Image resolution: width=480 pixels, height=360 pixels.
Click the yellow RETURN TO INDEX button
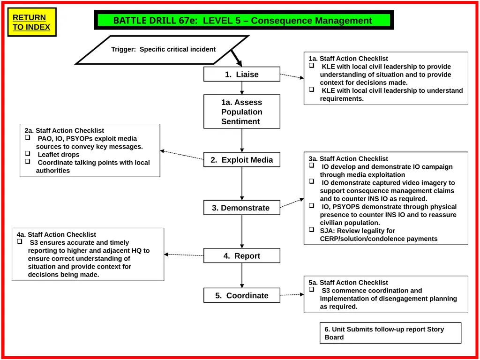32,22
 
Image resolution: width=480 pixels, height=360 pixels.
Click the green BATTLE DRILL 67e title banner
244,20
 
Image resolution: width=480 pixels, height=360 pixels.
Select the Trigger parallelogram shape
162,50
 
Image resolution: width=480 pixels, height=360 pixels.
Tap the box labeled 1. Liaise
242,74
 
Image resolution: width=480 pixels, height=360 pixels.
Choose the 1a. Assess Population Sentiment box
242,112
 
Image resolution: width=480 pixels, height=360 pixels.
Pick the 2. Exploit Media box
242,160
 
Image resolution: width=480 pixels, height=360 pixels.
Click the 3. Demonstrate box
242,208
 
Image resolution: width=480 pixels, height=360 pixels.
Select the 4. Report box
242,255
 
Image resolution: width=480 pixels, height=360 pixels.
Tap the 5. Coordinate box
242,295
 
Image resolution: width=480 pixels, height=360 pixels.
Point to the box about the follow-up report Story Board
390,333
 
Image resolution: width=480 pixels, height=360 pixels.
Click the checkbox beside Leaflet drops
28,153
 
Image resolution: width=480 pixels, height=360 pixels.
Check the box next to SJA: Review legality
312,229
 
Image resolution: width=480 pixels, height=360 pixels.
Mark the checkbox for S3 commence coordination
312,289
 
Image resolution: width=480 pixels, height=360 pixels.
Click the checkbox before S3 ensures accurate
20,241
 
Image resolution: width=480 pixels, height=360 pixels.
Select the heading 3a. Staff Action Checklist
348,158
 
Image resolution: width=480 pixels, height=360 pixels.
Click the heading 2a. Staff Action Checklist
64,130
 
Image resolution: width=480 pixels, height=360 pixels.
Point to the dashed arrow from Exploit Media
182,155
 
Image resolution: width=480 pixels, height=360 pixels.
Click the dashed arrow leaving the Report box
184,255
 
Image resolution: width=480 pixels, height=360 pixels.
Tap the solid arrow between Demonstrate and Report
242,232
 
